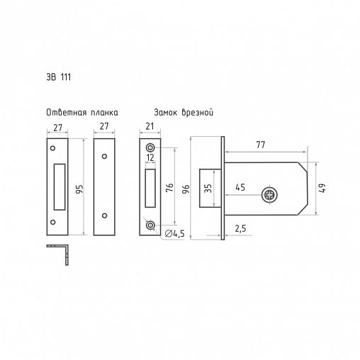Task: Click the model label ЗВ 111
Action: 59,77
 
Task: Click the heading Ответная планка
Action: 82,113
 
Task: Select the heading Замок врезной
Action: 184,113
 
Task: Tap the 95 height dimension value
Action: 80,189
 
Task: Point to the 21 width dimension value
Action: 150,127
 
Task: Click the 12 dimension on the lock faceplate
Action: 150,157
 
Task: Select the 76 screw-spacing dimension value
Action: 170,187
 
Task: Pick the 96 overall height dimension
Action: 186,189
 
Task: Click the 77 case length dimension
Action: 261,145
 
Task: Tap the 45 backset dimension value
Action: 240,188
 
